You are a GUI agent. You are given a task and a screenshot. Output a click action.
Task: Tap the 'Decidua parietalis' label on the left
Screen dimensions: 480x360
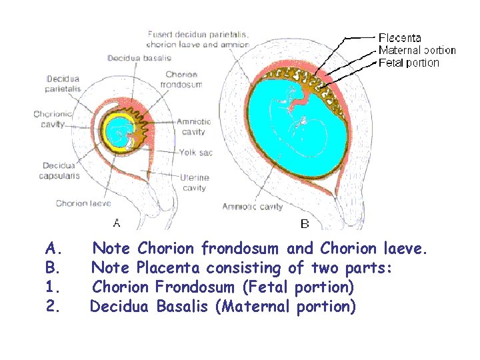(x=63, y=83)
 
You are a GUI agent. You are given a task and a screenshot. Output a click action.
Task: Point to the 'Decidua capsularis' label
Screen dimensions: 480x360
(x=61, y=171)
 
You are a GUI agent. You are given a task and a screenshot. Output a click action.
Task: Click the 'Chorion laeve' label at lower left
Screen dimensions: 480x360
(x=83, y=203)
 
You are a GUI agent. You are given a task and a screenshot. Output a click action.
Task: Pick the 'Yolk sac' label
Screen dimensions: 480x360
(x=195, y=153)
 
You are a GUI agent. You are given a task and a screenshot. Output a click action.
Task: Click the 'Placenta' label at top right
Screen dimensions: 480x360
(x=399, y=38)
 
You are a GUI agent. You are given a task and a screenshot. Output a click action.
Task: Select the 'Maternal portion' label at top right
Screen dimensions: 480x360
(x=417, y=50)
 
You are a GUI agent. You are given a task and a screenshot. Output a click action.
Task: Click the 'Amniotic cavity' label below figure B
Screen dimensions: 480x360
(x=252, y=207)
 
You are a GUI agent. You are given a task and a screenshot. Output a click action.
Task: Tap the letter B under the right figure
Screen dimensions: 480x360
(x=305, y=223)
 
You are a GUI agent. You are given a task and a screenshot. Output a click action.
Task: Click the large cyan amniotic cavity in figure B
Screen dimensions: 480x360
(x=293, y=133)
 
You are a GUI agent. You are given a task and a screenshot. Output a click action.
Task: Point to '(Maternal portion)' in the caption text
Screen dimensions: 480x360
(x=289, y=307)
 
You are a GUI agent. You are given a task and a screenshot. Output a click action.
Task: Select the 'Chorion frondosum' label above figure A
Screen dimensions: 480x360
(x=181, y=80)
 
